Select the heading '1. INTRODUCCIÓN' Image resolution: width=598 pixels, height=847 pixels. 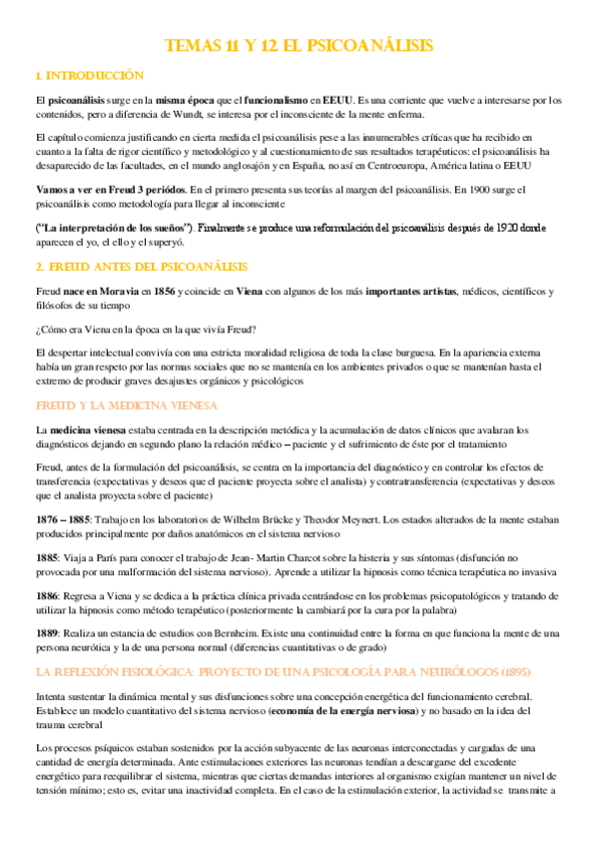[89, 76]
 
